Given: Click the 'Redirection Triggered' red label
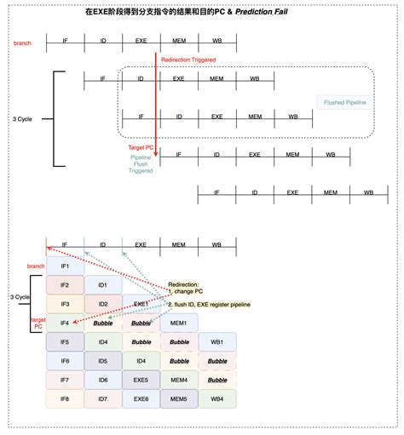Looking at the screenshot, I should [x=188, y=60].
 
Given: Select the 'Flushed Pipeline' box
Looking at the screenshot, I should [x=344, y=102].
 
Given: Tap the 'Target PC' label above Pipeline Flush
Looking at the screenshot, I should [x=141, y=147].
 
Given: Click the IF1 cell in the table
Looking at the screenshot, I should [x=65, y=266].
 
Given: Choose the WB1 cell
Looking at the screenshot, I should [x=217, y=342].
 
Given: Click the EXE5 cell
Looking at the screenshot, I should [x=141, y=380].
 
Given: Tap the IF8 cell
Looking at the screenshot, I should [x=65, y=398].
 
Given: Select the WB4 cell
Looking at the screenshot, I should [x=217, y=398].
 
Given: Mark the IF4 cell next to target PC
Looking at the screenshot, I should [x=65, y=323].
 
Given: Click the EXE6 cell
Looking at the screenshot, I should [x=141, y=398].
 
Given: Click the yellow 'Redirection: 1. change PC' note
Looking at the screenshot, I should [x=184, y=288].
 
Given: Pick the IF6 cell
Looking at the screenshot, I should [x=65, y=361].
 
